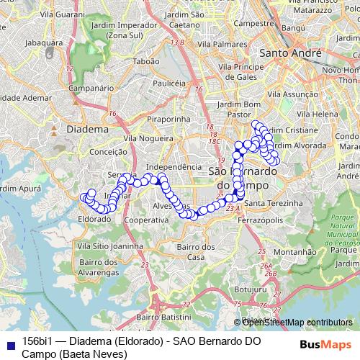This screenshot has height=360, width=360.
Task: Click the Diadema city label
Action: tap(86, 129)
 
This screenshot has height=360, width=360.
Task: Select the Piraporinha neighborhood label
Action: tap(167, 119)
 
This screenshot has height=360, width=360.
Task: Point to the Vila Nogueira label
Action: tap(149, 138)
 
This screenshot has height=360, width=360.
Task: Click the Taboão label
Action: tap(146, 62)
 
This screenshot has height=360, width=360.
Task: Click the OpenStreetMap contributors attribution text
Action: tap(297, 323)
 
